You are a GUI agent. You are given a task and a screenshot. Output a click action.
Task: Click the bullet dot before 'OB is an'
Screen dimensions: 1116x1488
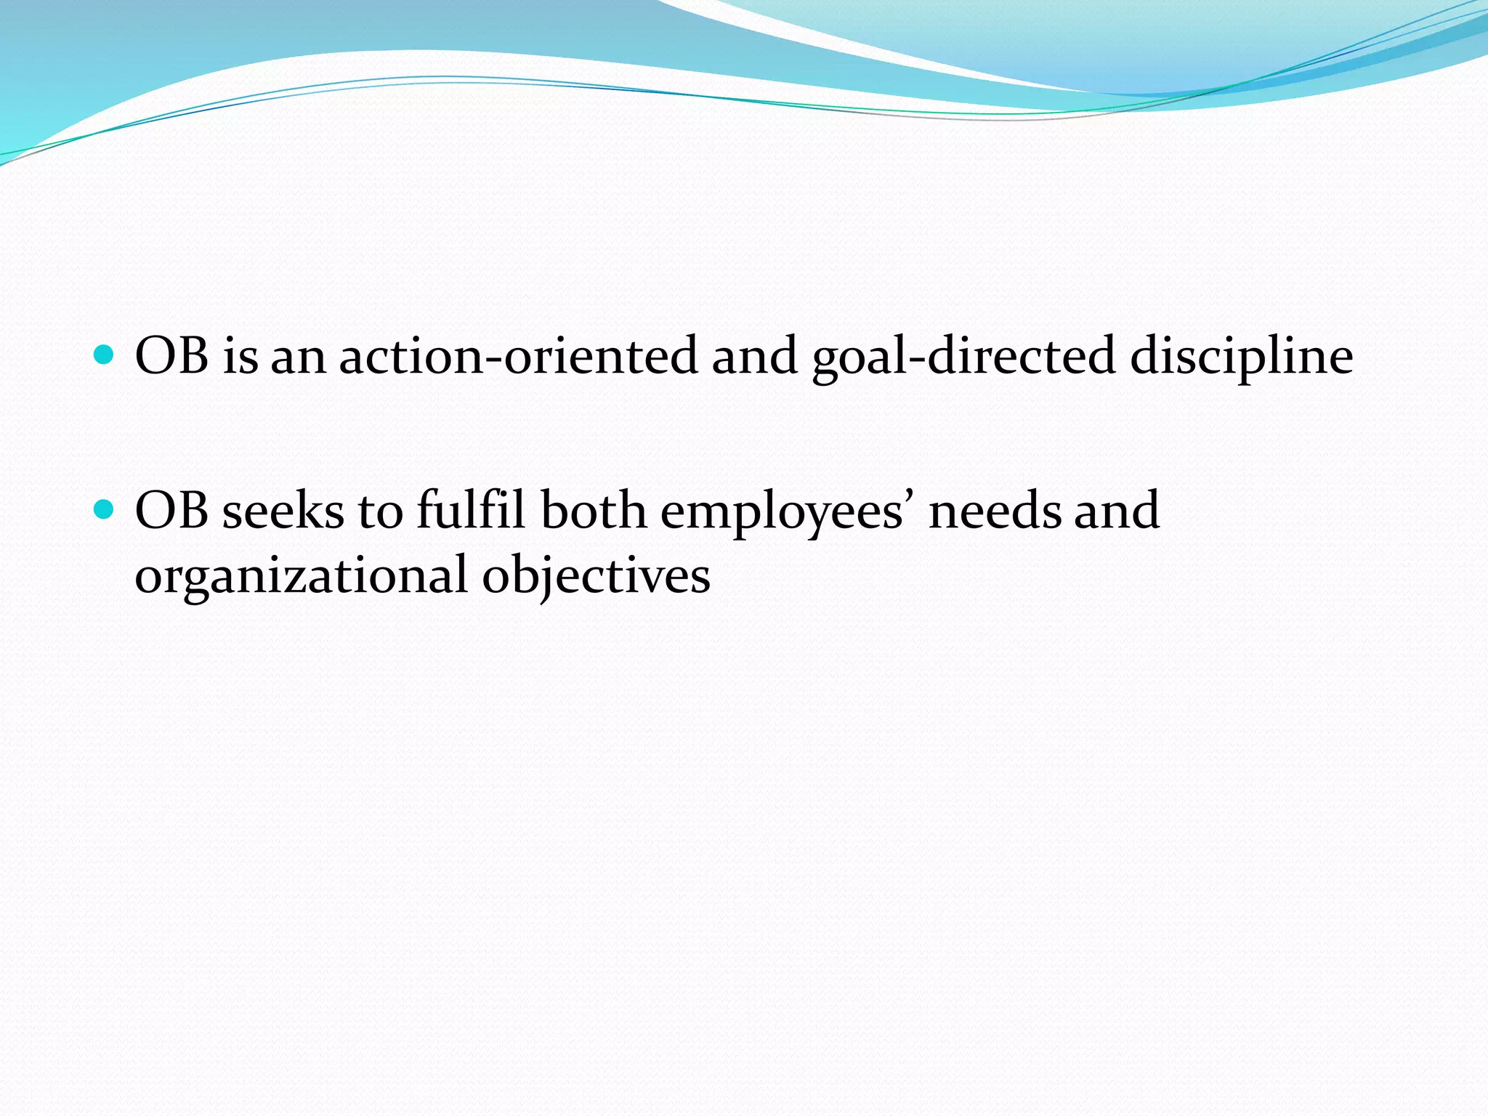point(105,355)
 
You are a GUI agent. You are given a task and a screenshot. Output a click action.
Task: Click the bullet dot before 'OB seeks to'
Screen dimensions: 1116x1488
point(105,510)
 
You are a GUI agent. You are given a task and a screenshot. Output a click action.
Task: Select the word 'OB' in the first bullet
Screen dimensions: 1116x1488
point(171,356)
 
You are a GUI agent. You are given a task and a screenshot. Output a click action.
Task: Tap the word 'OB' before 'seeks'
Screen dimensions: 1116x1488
point(171,511)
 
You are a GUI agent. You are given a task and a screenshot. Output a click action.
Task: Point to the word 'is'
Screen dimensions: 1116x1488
point(240,356)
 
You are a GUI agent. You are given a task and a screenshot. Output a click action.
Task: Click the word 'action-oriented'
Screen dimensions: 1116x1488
point(518,356)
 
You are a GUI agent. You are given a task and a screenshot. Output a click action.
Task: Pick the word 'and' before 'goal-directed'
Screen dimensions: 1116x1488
point(754,356)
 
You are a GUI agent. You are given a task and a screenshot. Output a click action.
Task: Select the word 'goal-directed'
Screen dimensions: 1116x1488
point(963,357)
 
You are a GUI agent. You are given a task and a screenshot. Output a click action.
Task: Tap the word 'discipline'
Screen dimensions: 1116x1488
point(1241,357)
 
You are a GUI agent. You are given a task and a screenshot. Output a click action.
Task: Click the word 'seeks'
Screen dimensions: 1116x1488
point(283,511)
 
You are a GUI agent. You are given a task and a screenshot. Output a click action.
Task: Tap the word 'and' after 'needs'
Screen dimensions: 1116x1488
point(1117,511)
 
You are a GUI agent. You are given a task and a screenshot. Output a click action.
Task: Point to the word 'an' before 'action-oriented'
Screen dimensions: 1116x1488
point(298,357)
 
